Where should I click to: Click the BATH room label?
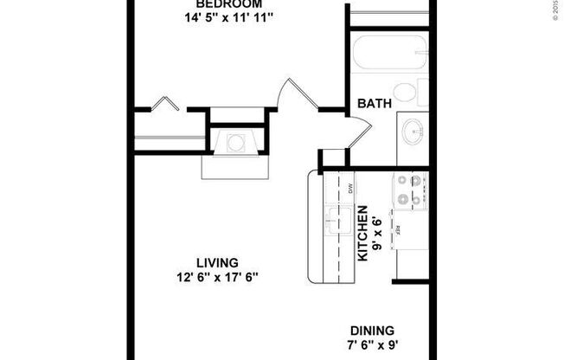tap(375, 104)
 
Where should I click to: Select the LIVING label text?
tap(216, 262)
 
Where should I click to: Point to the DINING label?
tap(372, 331)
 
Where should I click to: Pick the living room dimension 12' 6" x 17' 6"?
tap(216, 277)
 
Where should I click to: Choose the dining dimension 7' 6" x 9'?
tap(372, 345)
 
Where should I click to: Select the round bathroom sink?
tap(412, 133)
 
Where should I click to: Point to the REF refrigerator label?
tap(398, 231)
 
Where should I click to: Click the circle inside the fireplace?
tap(235, 144)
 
